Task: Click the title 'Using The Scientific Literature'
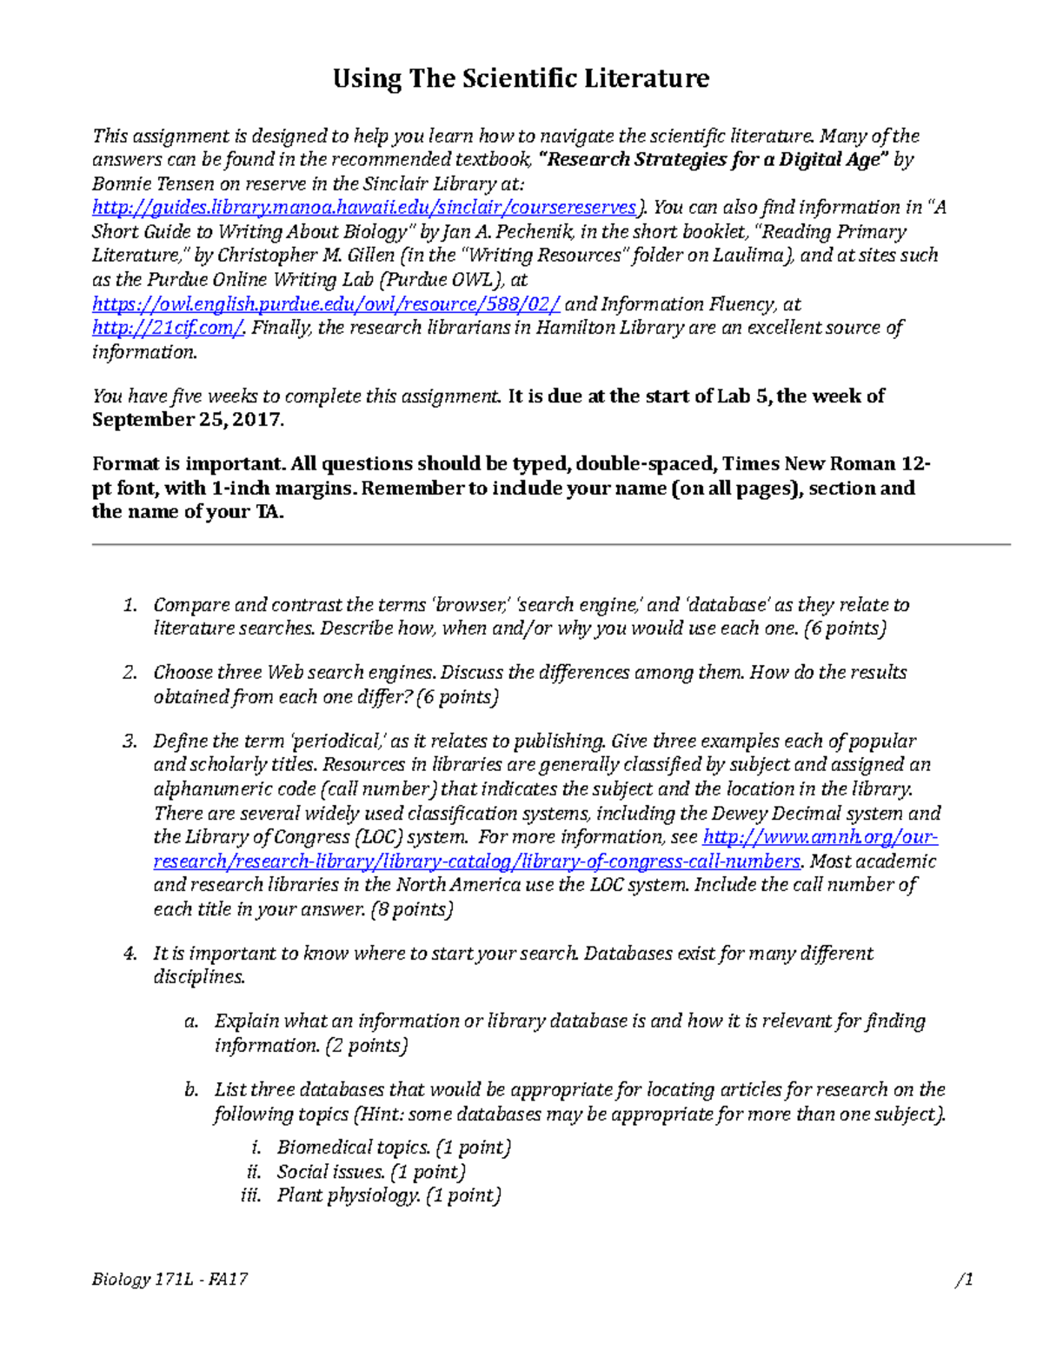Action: [x=521, y=79]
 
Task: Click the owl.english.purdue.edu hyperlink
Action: [x=326, y=304]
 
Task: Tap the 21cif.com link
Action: [x=169, y=328]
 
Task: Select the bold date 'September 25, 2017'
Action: [x=187, y=420]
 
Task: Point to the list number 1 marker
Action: [x=130, y=605]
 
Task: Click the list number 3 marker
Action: [x=130, y=742]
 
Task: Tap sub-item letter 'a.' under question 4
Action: [x=191, y=1021]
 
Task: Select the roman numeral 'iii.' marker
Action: [x=250, y=1196]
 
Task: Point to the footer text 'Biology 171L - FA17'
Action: [x=170, y=1280]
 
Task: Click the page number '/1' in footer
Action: [x=963, y=1280]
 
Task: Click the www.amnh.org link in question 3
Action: [x=819, y=837]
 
